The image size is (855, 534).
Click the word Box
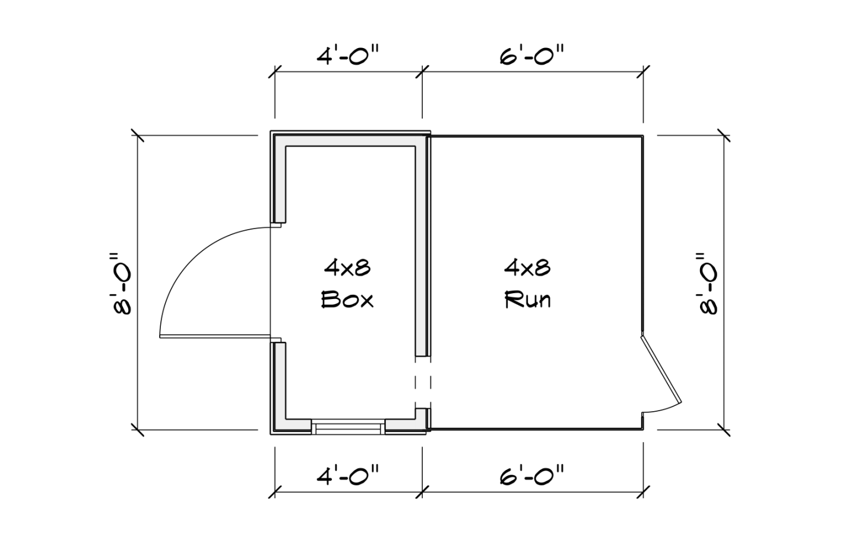[x=347, y=300]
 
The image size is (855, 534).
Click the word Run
[x=528, y=300]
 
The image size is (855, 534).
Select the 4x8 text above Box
[x=347, y=268]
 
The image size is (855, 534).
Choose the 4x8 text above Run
[x=528, y=268]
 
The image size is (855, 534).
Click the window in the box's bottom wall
[x=349, y=427]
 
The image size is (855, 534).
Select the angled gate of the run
[x=660, y=368]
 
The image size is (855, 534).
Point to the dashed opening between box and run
[x=423, y=383]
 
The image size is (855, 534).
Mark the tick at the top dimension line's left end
[x=274, y=72]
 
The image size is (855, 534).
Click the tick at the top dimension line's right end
[x=644, y=72]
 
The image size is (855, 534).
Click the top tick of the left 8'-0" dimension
[x=138, y=135]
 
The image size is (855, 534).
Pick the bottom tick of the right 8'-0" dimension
[x=723, y=429]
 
